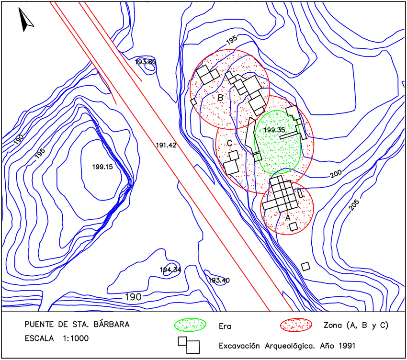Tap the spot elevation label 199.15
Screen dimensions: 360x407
[102, 167]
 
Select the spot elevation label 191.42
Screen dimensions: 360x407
[166, 145]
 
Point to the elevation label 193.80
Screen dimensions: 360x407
[146, 62]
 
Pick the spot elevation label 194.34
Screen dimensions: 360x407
[170, 270]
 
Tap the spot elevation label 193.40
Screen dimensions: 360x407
[219, 280]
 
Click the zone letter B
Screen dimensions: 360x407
[220, 98]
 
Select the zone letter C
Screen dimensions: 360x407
[229, 143]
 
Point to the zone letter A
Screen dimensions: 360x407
[287, 217]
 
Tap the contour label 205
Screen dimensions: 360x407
[353, 204]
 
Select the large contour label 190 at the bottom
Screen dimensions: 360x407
[133, 297]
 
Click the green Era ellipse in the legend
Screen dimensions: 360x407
[190, 325]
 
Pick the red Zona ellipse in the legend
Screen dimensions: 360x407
[295, 325]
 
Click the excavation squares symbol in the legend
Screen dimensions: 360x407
[189, 344]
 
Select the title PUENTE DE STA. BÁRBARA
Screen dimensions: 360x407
[77, 324]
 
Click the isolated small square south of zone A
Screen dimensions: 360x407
[305, 266]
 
